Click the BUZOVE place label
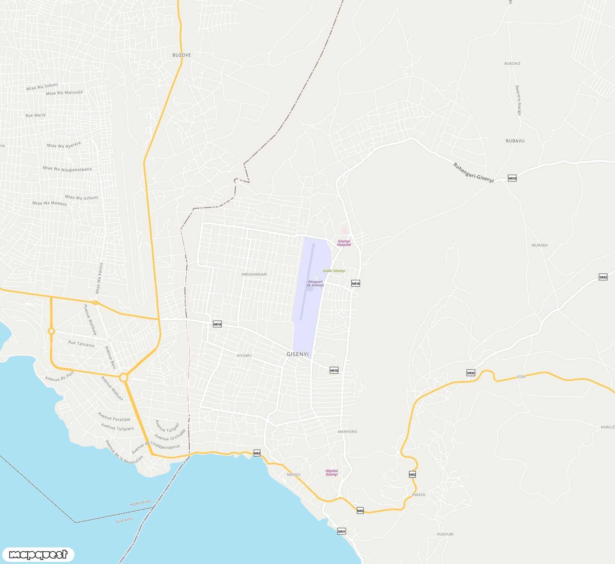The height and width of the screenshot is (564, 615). (x=181, y=55)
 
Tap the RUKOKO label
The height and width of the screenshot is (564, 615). (x=512, y=64)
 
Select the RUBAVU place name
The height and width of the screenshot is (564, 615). (x=515, y=141)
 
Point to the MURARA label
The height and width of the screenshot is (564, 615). (x=539, y=245)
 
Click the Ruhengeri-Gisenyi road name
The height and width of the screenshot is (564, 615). (x=473, y=173)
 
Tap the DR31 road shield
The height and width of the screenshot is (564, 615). (x=342, y=531)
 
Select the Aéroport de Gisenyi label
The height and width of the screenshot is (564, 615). (x=315, y=283)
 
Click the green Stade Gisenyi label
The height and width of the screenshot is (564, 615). (x=334, y=271)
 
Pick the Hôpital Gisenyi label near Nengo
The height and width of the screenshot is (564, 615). (x=331, y=473)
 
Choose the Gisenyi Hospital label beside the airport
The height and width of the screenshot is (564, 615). (x=344, y=243)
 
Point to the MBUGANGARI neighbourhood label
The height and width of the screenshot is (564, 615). (x=254, y=274)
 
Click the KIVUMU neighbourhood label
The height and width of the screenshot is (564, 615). (x=244, y=356)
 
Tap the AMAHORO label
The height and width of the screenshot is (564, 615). (x=347, y=432)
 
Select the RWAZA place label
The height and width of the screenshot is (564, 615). (x=419, y=495)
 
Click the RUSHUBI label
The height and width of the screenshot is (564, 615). (x=445, y=534)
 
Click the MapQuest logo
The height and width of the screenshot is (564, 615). (x=38, y=554)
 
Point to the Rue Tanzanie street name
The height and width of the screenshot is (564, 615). (x=81, y=344)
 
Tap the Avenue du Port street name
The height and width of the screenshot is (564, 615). (x=59, y=376)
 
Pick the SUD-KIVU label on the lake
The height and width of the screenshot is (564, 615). (x=124, y=520)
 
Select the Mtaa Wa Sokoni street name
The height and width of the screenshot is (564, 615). (x=42, y=87)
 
